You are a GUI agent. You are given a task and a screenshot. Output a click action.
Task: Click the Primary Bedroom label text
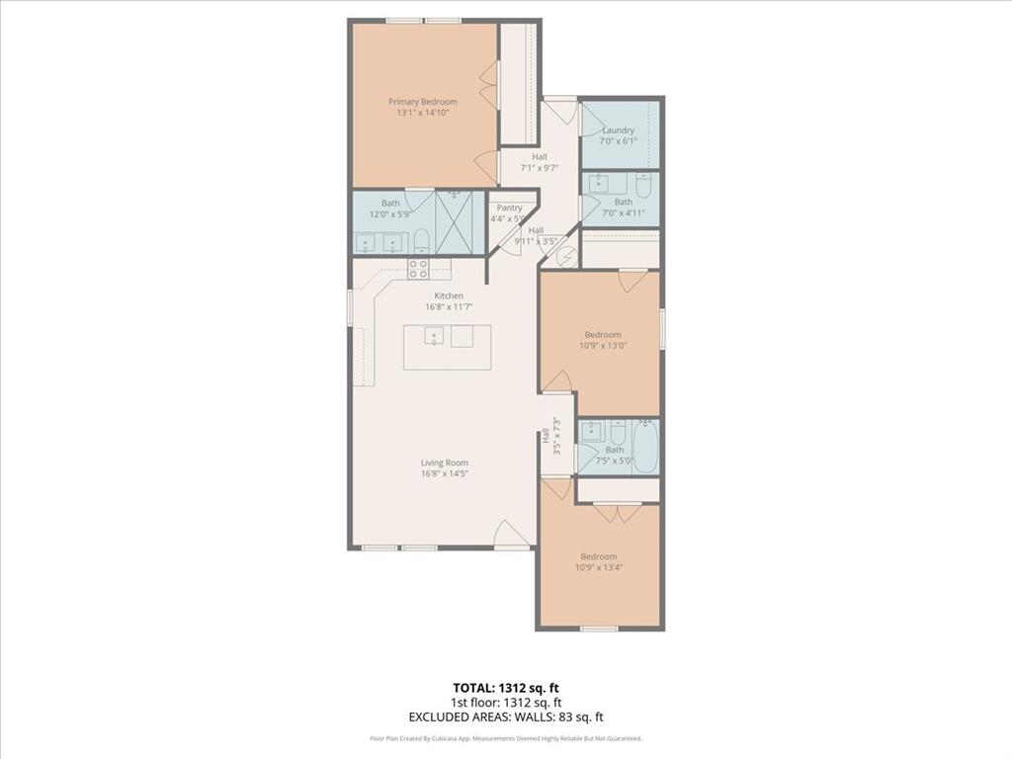tap(422, 102)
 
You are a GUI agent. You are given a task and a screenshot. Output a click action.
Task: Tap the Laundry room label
tap(619, 130)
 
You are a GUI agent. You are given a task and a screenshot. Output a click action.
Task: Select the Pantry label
tap(510, 208)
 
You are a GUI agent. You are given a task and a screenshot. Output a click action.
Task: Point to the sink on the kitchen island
tap(435, 337)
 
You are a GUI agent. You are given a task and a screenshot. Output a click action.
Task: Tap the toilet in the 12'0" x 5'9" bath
tap(421, 240)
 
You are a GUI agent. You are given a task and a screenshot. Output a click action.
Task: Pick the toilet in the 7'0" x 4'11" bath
tap(643, 184)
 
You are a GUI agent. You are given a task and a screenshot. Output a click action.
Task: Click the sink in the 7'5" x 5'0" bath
tap(591, 430)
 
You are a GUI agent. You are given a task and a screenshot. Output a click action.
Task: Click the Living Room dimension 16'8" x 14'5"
tap(445, 473)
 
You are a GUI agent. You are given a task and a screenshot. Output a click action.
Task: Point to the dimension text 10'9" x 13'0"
tap(603, 346)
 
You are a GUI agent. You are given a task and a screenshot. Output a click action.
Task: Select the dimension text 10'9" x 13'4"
tap(599, 567)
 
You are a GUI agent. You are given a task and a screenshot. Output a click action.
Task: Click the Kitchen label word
tap(449, 295)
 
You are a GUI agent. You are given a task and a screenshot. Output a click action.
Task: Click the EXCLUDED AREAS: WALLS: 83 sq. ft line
tap(505, 717)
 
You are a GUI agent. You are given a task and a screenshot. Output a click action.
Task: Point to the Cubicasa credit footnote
tap(505, 738)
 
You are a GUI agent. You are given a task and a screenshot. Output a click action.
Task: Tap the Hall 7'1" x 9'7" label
tap(540, 162)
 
